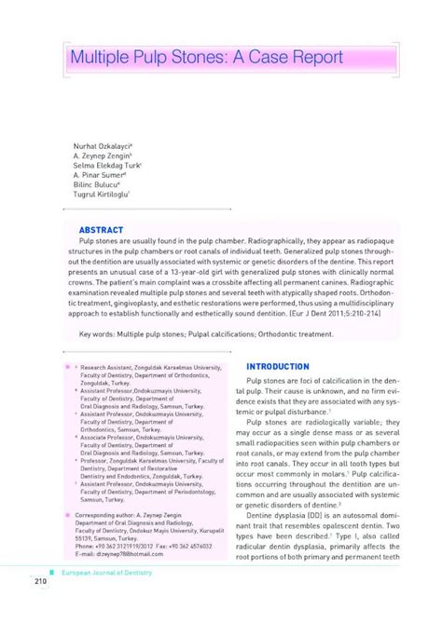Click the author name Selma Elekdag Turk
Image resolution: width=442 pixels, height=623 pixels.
(x=107, y=165)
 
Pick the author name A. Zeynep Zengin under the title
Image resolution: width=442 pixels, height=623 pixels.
(x=103, y=156)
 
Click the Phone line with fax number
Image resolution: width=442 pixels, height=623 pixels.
(x=134, y=545)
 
